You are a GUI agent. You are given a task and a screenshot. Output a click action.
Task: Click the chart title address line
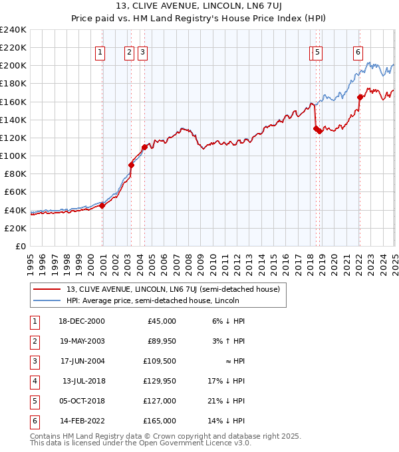point(199,7)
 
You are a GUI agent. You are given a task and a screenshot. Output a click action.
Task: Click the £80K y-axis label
point(14,173)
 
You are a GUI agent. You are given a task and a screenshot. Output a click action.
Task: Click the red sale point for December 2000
point(102,205)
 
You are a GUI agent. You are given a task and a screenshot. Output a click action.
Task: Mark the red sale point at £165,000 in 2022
point(360,97)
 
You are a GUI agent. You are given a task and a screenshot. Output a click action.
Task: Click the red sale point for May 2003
point(132,165)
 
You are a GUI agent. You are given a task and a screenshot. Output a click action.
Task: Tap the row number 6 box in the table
point(33,421)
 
